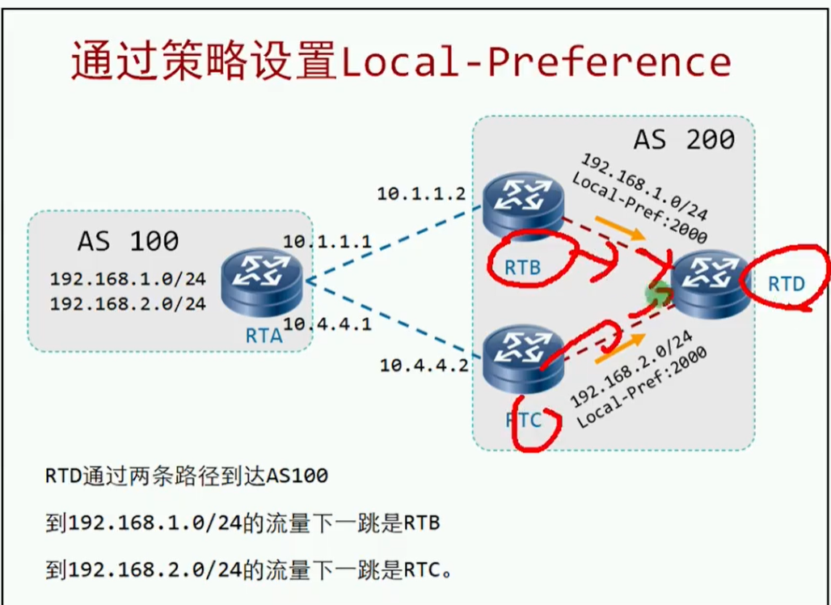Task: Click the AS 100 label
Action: pos(128,241)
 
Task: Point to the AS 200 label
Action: pos(683,139)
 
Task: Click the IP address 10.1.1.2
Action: pos(421,193)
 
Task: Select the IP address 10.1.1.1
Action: pos(327,241)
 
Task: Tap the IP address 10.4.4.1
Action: pos(327,324)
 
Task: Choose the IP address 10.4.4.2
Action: pos(424,365)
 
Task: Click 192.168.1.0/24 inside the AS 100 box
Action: pos(128,279)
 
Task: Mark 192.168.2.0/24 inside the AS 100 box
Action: pos(128,304)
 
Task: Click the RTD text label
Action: pos(786,284)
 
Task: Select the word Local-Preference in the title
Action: pos(536,62)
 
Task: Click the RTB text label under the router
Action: pos(521,267)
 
